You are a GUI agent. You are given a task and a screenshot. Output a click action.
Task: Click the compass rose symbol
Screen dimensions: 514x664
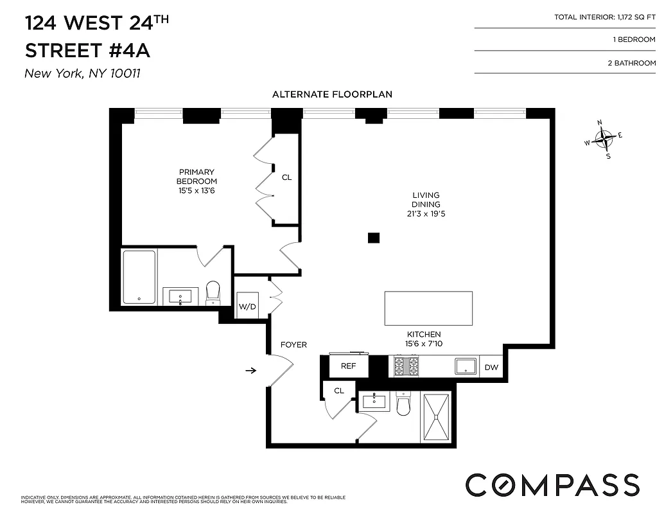604,137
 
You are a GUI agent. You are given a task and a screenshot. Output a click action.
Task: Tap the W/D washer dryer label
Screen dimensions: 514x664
247,306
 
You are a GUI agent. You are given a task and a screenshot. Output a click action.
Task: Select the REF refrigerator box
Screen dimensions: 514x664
348,366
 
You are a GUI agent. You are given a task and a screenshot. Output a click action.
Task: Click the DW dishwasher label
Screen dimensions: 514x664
491,368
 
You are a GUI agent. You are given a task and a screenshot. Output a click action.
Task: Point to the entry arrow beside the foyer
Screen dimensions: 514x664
251,370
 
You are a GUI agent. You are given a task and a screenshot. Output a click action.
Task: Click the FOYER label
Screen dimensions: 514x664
293,345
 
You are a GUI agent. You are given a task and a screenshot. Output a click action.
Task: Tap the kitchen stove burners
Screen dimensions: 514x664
406,366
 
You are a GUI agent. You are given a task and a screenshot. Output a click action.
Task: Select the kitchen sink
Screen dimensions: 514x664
466,366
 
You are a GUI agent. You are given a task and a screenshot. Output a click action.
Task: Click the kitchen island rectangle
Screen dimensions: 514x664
428,308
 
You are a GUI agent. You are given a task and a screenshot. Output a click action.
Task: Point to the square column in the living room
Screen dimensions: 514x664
374,238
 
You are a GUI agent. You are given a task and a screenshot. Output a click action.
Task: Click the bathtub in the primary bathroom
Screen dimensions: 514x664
139,277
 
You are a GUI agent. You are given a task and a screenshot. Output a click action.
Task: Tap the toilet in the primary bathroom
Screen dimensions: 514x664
213,292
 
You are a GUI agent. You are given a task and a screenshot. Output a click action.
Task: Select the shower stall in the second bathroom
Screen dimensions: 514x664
437,417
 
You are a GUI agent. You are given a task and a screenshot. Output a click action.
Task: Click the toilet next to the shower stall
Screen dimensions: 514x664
403,404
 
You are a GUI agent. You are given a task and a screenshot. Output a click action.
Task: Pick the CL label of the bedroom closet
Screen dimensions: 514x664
286,177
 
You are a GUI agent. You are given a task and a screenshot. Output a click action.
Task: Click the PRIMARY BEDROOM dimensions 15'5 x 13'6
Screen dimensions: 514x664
197,190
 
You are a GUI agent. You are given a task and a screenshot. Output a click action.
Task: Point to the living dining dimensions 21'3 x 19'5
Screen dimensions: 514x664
426,214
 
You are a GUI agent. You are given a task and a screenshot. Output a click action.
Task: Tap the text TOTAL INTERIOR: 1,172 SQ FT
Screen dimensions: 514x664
605,17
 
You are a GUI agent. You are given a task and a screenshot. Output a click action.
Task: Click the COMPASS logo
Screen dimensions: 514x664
552,484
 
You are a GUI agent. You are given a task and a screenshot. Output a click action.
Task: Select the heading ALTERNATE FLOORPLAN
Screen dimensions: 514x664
332,94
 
